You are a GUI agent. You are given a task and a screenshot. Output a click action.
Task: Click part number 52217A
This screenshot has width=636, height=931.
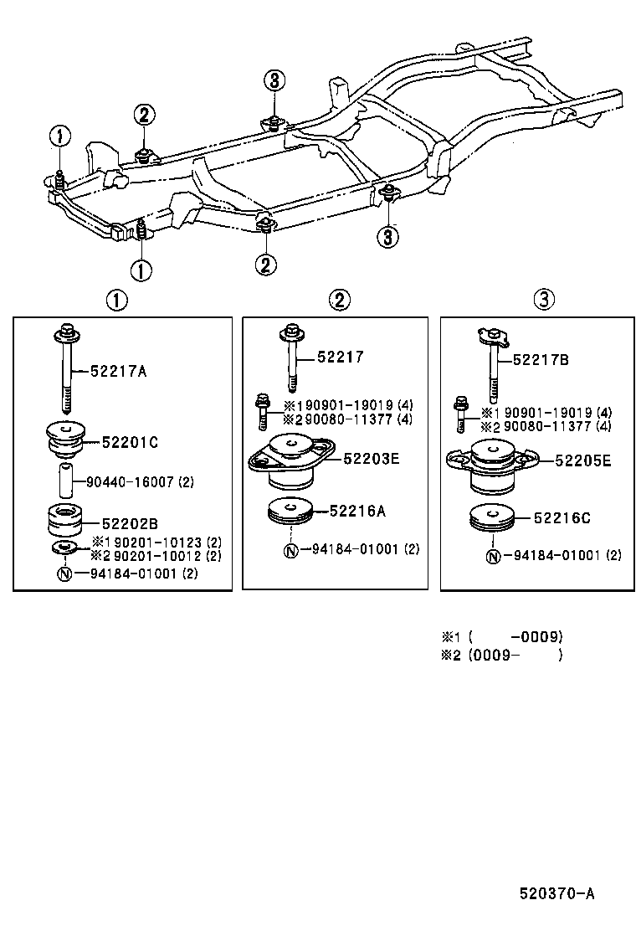(119, 371)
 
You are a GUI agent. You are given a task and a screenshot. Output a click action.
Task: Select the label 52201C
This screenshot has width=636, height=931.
(130, 442)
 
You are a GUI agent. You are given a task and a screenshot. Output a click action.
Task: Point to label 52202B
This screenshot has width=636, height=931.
(130, 524)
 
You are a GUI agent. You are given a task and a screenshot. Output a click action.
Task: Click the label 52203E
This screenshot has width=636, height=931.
(372, 458)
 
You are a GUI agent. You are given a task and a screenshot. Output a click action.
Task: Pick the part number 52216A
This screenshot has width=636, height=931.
(357, 511)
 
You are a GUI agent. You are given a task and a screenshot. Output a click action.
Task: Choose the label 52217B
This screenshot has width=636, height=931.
(541, 359)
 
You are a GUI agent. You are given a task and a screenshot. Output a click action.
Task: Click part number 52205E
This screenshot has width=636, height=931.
(582, 460)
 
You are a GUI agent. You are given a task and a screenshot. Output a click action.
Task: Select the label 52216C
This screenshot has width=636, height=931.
(562, 517)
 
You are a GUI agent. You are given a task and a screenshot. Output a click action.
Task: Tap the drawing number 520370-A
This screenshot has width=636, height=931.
(557, 893)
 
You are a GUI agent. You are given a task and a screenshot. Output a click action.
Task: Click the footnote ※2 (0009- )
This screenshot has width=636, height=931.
(502, 656)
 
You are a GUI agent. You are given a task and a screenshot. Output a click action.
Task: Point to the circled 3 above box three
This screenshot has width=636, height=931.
(544, 299)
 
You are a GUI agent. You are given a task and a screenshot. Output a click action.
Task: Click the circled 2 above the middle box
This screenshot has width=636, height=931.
(340, 300)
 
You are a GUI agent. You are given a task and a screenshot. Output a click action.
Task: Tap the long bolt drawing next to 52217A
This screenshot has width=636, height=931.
(66, 368)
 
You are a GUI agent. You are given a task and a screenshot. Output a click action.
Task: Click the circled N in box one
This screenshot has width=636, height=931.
(64, 574)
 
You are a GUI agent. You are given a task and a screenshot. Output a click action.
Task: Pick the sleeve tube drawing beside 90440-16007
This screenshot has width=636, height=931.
(66, 481)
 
